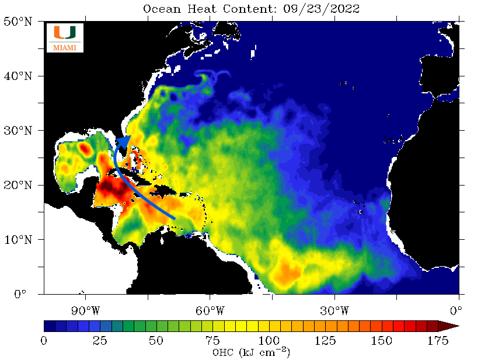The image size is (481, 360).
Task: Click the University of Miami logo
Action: (65, 37)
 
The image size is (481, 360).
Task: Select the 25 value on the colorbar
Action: (100, 340)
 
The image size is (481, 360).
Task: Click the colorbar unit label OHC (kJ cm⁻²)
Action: (251, 352)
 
